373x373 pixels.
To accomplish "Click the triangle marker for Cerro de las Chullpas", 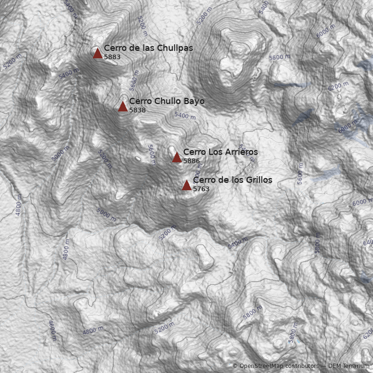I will pos(97,53).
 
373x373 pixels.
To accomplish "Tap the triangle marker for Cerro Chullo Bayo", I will pos(123,107).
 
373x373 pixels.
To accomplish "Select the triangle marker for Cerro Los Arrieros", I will pos(177,158).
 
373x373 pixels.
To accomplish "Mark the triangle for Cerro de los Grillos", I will pos(186,186).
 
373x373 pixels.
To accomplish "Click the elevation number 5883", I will pos(112,57).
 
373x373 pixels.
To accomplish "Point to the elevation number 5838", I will pos(138,111).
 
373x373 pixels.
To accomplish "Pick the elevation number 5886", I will pos(192,161).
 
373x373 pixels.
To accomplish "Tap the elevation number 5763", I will pos(201,189).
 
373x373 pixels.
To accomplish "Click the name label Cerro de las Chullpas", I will pos(148,48).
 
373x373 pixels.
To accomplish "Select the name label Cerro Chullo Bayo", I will pos(166,101).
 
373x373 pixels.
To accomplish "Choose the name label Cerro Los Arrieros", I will pos(220,152).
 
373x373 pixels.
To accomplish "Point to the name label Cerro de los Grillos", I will pos(233,180).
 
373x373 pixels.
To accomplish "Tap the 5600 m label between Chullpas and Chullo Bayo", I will pos(134,80).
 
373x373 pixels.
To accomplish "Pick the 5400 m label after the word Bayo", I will pos(185,115).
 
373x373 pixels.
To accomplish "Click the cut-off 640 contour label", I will pos(368,242).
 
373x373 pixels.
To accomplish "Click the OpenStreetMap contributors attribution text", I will pos(279,366).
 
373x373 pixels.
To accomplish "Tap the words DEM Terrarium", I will pos(349,366).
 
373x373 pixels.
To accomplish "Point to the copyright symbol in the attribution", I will pos(235,366).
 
